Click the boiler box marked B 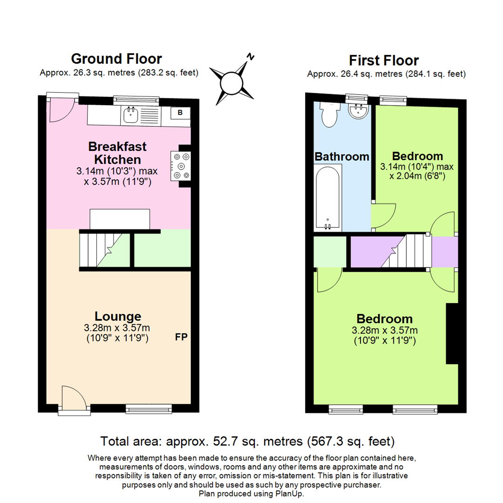(x=180, y=112)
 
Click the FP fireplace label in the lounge (x=181, y=337)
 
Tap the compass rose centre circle (x=231, y=83)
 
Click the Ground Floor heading (x=116, y=59)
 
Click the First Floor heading (x=384, y=61)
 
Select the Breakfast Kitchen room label (x=117, y=152)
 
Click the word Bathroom (x=342, y=156)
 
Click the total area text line (x=247, y=441)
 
